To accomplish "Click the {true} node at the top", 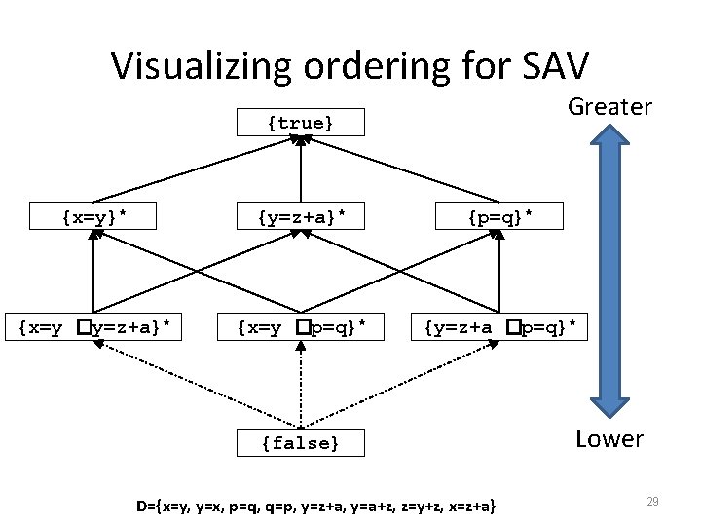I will [301, 123].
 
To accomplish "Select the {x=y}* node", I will [94, 216].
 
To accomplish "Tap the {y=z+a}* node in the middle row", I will [301, 216].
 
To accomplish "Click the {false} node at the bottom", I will [301, 444].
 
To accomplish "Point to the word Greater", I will [609, 106].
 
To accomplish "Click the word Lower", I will [609, 439].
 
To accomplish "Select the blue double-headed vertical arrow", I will [610, 273].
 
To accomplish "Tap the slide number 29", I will [653, 501].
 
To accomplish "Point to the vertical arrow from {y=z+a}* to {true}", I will [301, 170].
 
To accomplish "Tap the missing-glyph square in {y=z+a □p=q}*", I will [510, 328].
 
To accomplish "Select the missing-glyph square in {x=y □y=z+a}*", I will [85, 328].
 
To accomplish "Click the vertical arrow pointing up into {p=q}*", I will [499, 273].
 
